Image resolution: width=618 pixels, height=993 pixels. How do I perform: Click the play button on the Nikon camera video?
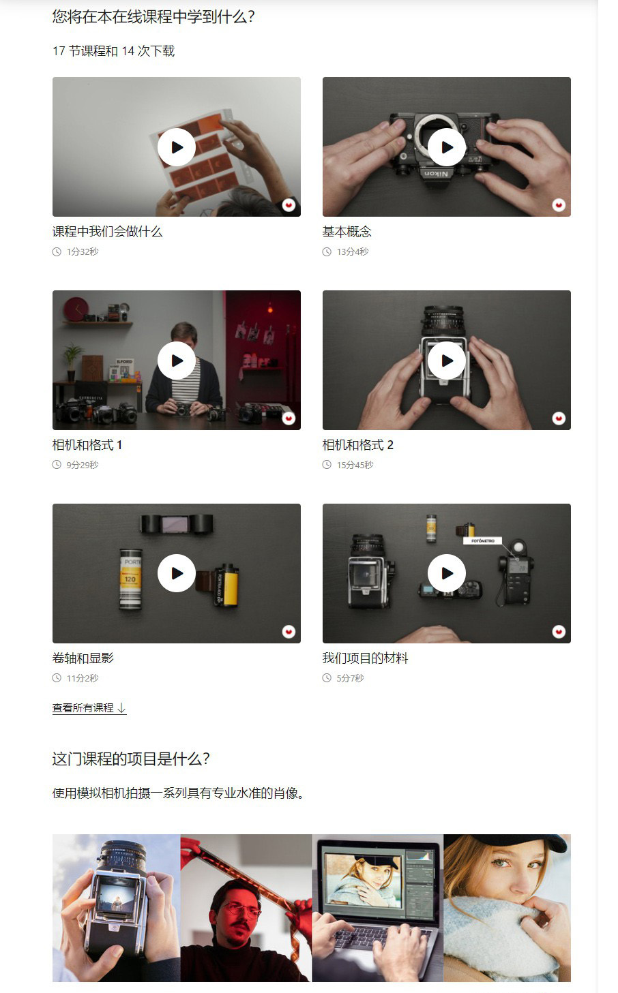click(447, 147)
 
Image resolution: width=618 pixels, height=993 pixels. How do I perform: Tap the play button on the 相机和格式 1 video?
click(177, 361)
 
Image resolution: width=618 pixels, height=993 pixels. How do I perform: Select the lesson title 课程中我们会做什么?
click(107, 232)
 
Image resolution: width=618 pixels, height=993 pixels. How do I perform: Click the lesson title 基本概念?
click(347, 232)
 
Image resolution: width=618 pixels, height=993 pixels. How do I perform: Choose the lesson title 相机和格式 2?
click(357, 445)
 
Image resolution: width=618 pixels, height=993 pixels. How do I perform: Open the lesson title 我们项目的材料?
click(365, 658)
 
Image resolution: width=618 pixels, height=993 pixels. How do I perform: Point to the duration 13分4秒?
click(352, 251)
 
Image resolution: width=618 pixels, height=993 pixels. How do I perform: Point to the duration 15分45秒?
click(355, 465)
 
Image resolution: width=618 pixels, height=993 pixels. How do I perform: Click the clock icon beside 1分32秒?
click(57, 251)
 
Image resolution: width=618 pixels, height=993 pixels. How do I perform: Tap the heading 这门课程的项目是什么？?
click(131, 759)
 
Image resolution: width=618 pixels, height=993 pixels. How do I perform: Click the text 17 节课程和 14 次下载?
click(113, 51)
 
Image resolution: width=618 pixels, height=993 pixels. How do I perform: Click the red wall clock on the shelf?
click(75, 308)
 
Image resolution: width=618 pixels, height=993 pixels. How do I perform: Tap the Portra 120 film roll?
click(130, 578)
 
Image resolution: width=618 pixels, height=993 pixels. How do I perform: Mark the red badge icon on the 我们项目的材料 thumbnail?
click(559, 632)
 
